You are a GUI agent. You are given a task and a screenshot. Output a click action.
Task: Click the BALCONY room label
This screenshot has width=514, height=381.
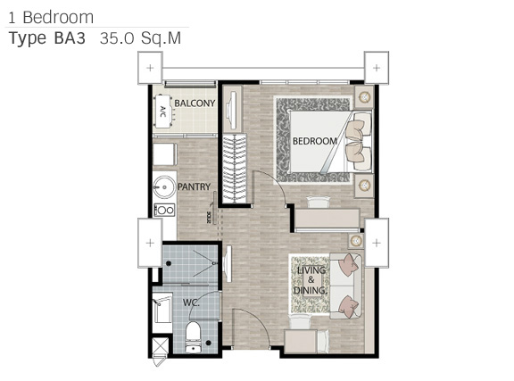pyautogui.click(x=195, y=104)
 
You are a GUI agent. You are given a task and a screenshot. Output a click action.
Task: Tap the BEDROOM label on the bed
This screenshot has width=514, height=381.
pyautogui.click(x=315, y=141)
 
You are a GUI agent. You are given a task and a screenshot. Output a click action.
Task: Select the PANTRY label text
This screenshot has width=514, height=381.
pyautogui.click(x=194, y=186)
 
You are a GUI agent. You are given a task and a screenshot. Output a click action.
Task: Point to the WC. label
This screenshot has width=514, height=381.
pyautogui.click(x=191, y=302)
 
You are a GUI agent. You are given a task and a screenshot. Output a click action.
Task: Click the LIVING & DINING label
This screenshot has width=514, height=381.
pyautogui.click(x=311, y=280)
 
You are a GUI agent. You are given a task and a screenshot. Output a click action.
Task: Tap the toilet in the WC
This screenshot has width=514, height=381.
pyautogui.click(x=193, y=336)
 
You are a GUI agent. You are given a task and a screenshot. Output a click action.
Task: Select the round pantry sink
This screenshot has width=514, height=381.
pyautogui.click(x=164, y=187)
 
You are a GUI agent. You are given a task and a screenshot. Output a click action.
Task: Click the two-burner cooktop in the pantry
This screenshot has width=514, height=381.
pyautogui.click(x=164, y=211)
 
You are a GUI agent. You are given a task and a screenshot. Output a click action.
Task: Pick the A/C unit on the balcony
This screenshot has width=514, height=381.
pyautogui.click(x=163, y=112)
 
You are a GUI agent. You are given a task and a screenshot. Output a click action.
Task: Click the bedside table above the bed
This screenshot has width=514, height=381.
pyautogui.click(x=364, y=97)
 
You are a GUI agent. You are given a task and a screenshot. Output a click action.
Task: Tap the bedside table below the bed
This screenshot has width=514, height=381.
pyautogui.click(x=364, y=186)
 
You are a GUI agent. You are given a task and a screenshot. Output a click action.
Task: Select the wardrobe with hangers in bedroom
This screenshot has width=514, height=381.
pyautogui.click(x=235, y=169)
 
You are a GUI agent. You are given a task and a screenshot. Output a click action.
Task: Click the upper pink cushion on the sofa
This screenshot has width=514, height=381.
pyautogui.click(x=349, y=263)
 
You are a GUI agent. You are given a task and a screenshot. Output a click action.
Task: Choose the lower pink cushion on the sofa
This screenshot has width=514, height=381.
pyautogui.click(x=348, y=306)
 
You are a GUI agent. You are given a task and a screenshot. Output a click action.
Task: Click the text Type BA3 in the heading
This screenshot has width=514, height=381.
pyautogui.click(x=47, y=38)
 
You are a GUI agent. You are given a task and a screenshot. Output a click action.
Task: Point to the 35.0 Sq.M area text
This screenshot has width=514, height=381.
pyautogui.click(x=140, y=38)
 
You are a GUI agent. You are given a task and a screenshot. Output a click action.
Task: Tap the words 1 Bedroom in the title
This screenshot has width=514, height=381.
pyautogui.click(x=51, y=17)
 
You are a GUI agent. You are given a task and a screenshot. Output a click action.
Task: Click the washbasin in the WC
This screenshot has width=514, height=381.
pyautogui.click(x=162, y=310)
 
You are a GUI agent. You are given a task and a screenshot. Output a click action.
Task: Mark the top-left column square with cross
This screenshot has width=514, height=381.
pyautogui.click(x=150, y=68)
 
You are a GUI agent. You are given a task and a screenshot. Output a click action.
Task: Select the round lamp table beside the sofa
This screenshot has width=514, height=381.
pyautogui.click(x=356, y=241)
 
